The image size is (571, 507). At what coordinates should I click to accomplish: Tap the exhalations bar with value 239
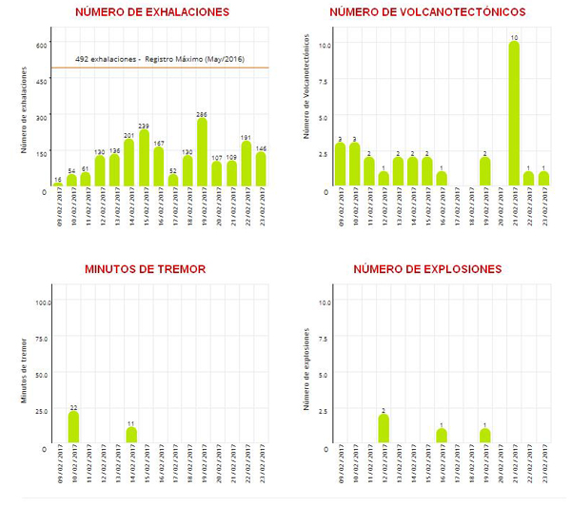coord(144,158)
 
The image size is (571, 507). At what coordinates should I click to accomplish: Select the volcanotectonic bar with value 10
coord(514,114)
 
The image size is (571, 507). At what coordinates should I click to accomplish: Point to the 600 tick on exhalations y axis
coord(42,45)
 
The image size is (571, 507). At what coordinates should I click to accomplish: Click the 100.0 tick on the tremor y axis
coord(41,302)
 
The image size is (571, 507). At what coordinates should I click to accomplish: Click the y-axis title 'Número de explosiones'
coord(306,369)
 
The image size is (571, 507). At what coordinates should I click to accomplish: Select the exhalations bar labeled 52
coord(173,180)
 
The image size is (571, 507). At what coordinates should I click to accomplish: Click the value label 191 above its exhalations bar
coord(246,137)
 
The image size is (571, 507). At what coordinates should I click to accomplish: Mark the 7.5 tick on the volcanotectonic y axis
coord(324,81)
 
